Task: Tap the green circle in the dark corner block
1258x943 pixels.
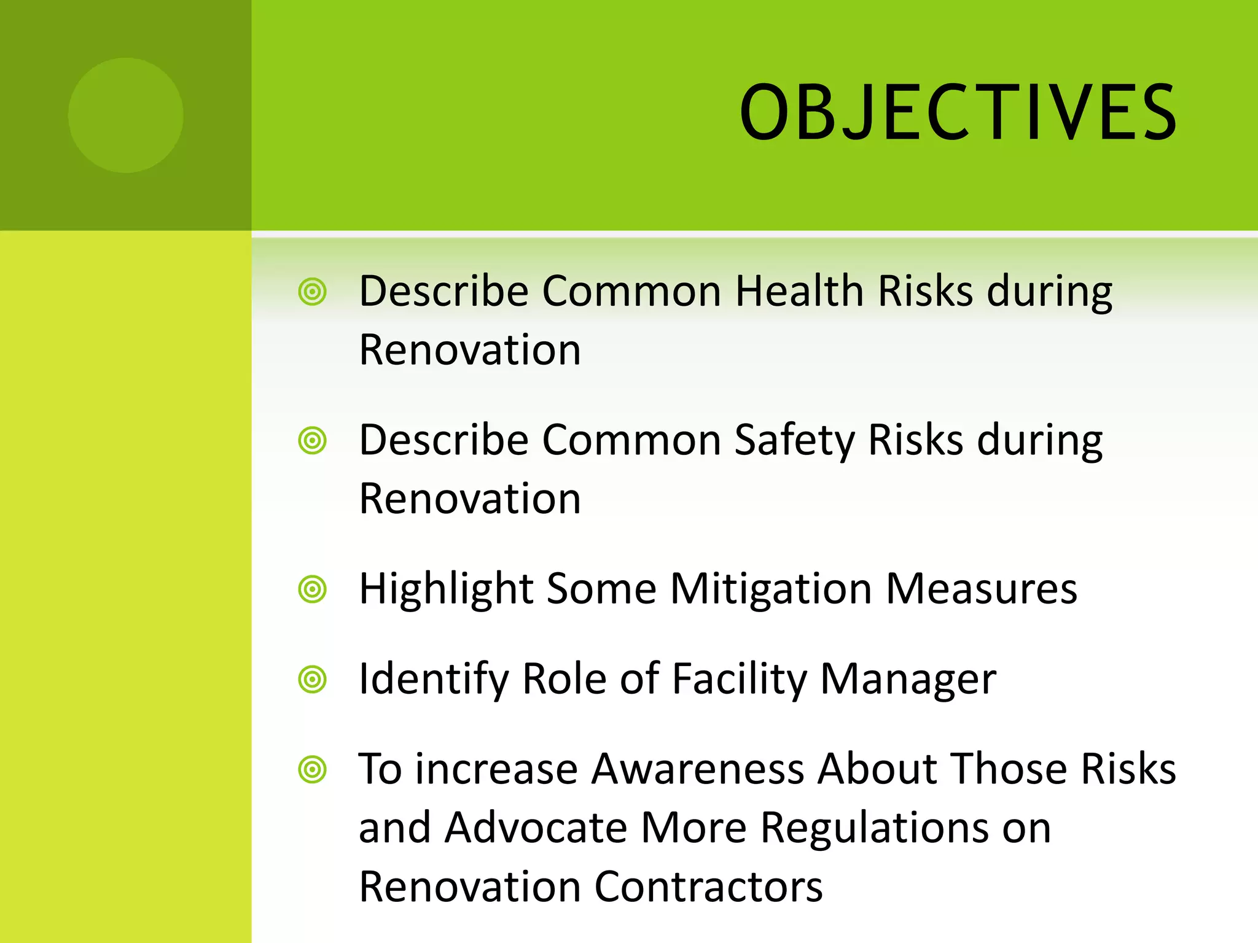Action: [x=125, y=115]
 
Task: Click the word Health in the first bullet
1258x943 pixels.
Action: [x=799, y=290]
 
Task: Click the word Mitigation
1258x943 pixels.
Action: [x=771, y=589]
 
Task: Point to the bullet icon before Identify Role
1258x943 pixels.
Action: [x=312, y=680]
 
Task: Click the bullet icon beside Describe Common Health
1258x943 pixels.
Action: [x=312, y=292]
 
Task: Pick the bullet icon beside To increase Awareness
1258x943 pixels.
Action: [x=312, y=769]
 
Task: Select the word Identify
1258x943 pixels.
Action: [x=433, y=679]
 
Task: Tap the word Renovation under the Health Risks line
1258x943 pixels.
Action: [x=470, y=350]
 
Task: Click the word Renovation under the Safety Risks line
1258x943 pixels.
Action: [x=470, y=499]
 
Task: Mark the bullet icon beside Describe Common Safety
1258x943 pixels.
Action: [x=312, y=441]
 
